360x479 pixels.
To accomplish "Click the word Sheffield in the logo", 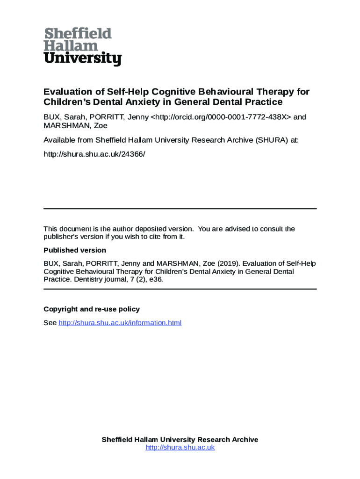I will click(x=78, y=34).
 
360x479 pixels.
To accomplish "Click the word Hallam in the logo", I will click(x=71, y=46).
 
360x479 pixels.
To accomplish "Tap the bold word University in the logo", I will click(x=83, y=59).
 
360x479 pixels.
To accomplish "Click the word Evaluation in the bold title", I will click(x=67, y=92).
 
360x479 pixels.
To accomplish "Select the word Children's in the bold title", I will click(x=66, y=102).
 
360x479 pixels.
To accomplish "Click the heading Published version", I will click(x=75, y=250).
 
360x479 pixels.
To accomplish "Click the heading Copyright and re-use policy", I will click(x=92, y=309).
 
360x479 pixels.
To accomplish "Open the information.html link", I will click(x=120, y=323).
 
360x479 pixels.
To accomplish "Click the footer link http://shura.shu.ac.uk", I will click(x=180, y=448).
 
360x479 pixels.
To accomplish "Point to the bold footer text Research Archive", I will click(x=228, y=440).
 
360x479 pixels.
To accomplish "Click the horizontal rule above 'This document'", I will click(x=180, y=209).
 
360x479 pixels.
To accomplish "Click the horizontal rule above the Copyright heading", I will click(x=180, y=289).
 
